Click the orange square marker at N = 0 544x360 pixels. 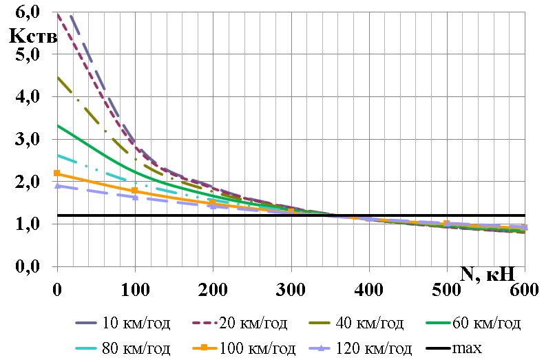[x=57, y=173]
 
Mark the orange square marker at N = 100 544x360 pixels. [x=135, y=190]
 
